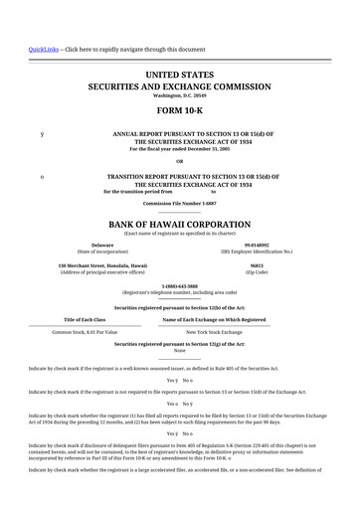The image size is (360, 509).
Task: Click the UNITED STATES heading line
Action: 179,74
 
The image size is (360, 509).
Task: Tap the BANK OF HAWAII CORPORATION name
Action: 179,225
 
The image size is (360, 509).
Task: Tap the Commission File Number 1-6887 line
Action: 179,203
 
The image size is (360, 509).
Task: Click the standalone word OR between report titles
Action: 179,161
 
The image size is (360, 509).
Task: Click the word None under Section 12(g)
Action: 179,350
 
